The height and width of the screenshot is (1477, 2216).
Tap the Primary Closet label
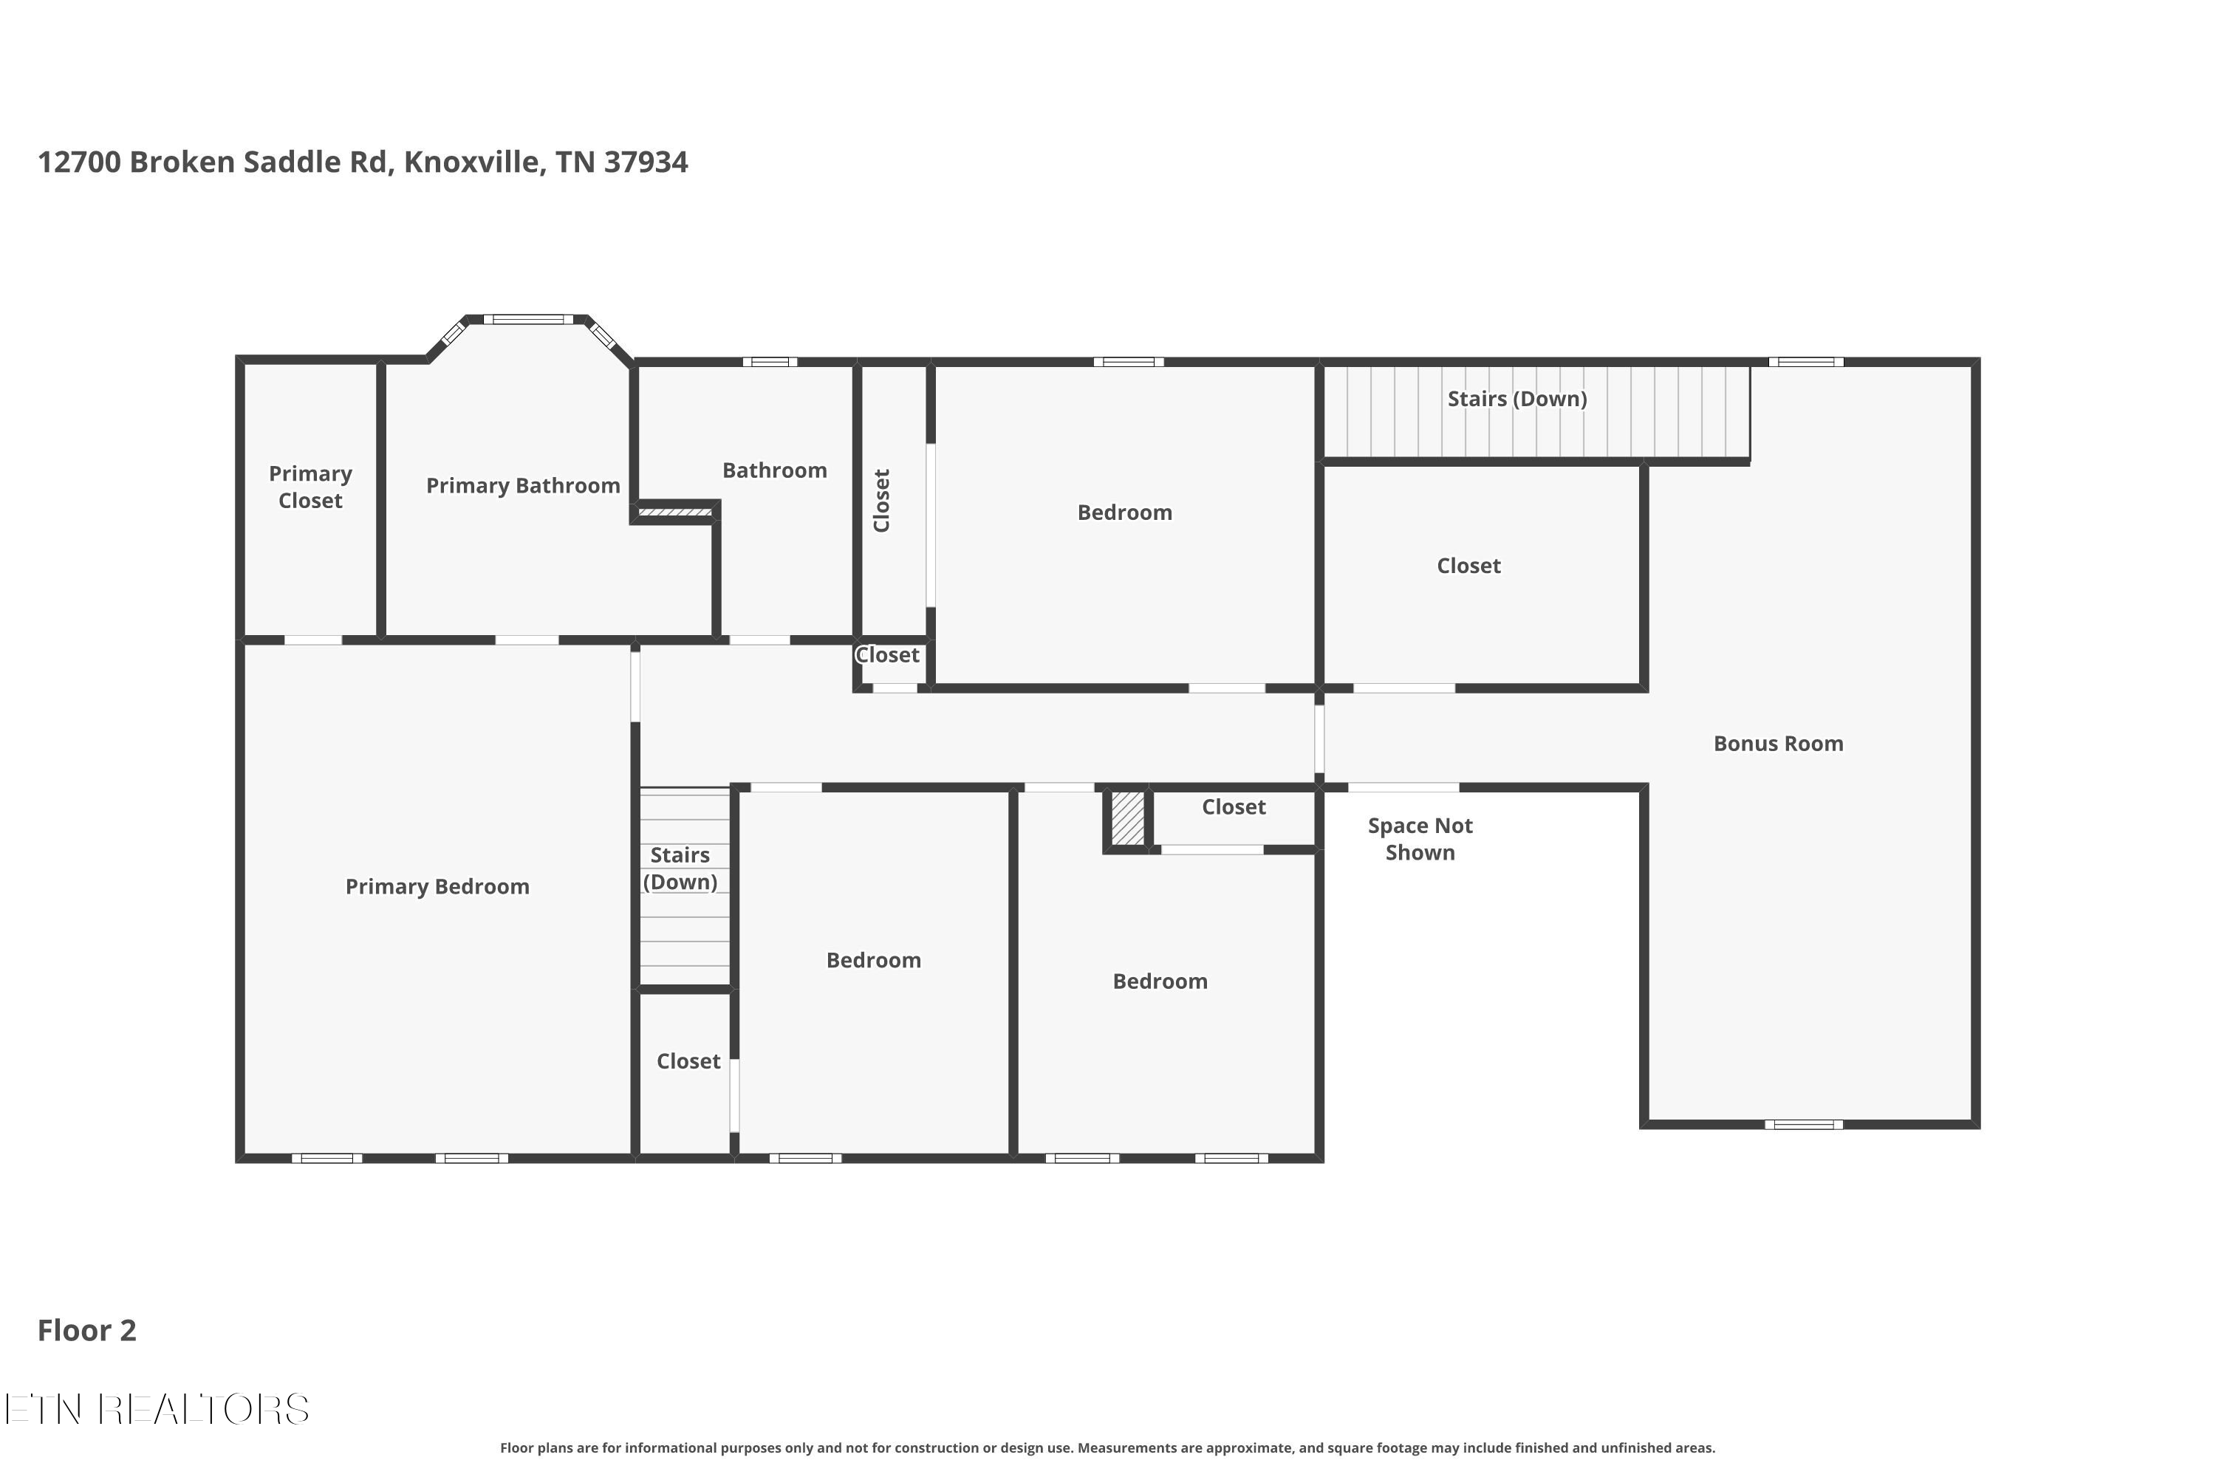coord(310,487)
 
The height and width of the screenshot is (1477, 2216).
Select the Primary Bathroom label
coord(523,486)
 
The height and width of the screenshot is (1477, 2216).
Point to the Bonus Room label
coord(1778,743)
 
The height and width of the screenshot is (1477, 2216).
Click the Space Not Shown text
coord(1420,839)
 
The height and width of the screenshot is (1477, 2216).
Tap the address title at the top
coord(363,162)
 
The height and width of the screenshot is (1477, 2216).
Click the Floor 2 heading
coord(86,1330)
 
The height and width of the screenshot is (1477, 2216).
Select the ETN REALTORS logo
coord(157,1409)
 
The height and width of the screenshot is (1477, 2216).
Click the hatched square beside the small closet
coord(1128,818)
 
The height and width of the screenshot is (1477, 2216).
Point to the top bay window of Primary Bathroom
coord(529,319)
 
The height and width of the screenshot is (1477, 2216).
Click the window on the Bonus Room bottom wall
coord(1803,1125)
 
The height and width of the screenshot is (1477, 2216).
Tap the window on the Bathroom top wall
coord(770,362)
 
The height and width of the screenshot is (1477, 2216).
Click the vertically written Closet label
coord(882,500)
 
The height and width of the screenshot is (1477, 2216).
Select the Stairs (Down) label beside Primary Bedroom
coord(680,868)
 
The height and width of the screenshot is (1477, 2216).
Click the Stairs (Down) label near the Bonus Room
coord(1517,399)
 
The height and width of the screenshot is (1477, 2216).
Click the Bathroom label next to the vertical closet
coord(774,470)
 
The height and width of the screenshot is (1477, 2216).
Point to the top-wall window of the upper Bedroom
coord(1129,362)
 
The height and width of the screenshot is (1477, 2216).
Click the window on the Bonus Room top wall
coord(1806,362)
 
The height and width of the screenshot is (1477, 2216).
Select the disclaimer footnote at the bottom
coord(1108,1447)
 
